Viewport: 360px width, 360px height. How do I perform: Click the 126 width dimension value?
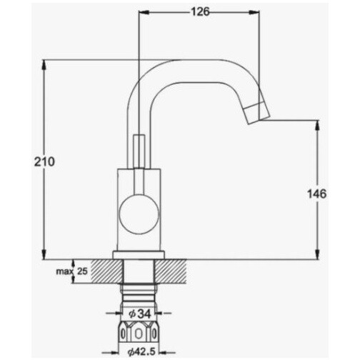(x=201, y=11)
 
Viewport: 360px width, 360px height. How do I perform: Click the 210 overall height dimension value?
(x=44, y=162)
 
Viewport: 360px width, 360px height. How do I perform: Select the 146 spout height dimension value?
(x=316, y=194)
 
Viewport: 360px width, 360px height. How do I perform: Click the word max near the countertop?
(x=64, y=271)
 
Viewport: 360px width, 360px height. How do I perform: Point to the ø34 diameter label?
(x=140, y=314)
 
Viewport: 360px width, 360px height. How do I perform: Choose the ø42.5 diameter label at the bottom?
(x=141, y=351)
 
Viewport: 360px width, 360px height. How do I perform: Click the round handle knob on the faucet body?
(x=139, y=214)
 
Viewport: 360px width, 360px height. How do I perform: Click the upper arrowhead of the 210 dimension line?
(x=44, y=65)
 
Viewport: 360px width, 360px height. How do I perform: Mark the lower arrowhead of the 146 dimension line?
(x=317, y=254)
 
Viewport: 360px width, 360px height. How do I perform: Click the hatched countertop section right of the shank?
(x=171, y=271)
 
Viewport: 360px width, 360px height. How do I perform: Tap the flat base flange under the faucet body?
(x=139, y=255)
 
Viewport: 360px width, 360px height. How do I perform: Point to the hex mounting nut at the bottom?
(x=139, y=332)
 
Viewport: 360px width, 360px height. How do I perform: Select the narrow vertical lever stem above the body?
(x=139, y=152)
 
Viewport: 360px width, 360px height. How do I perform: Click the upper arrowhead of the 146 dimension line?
(x=317, y=125)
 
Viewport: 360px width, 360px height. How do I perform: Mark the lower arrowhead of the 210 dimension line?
(x=44, y=254)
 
